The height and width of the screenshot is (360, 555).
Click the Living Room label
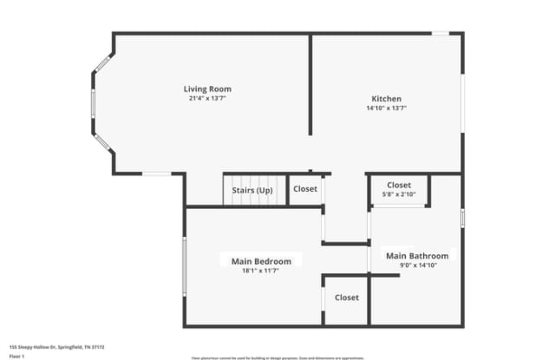[207, 88]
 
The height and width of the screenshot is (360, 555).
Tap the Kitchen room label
[386, 99]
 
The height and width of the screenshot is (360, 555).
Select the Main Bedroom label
[261, 260]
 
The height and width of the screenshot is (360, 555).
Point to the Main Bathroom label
[417, 256]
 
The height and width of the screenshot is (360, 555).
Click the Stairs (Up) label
[252, 190]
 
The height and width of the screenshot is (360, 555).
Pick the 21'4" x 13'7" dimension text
[207, 98]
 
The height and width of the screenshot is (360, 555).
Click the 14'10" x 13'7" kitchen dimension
[386, 108]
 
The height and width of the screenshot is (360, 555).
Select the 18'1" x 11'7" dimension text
[261, 271]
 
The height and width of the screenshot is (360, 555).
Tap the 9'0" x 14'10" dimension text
[417, 265]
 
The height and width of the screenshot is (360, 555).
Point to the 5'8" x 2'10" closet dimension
[399, 194]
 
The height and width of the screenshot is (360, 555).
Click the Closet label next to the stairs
[305, 189]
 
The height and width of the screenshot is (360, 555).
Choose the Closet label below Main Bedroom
[346, 298]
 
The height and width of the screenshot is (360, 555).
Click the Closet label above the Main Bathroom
[399, 185]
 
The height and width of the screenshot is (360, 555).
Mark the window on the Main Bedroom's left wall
[184, 266]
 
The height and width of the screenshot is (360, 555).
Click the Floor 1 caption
[16, 356]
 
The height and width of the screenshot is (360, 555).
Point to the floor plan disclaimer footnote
[277, 357]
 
